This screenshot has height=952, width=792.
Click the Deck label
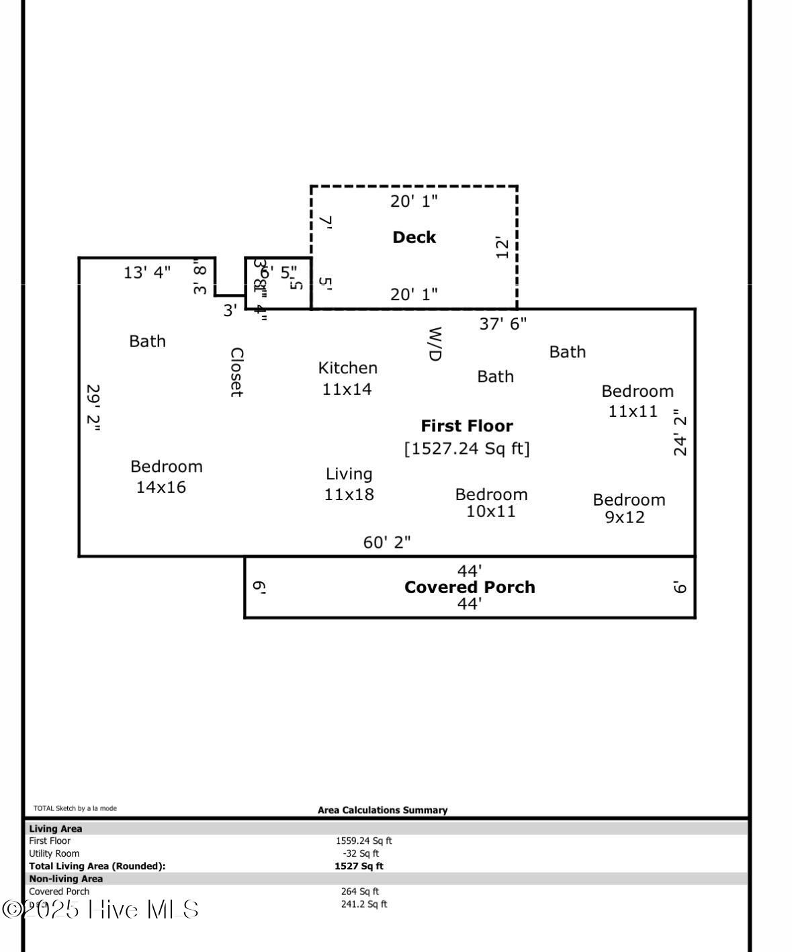pos(414,237)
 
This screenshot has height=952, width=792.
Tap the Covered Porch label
pos(470,587)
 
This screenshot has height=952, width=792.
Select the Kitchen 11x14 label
pos(347,378)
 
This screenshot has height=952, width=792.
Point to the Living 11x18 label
pos(349,484)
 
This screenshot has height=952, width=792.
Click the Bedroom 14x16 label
pos(165,477)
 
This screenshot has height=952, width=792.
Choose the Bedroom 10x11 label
pos(491,503)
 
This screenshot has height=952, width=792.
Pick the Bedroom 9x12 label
pos(628,508)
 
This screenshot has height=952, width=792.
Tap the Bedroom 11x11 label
pos(636,401)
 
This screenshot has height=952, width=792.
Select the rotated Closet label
pos(236,372)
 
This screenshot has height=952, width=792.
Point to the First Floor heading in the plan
pos(467,426)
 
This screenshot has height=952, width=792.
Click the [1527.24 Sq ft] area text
pos(467,448)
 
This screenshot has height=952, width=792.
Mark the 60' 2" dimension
pos(387,542)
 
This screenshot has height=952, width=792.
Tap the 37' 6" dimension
pos(502,324)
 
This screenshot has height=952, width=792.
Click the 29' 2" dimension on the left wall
pos(93,408)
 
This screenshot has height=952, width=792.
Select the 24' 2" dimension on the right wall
pos(680,432)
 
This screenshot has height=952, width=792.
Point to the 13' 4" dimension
pos(147,272)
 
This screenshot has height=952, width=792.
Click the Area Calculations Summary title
pos(382,810)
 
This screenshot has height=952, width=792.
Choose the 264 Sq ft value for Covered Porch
pos(359,892)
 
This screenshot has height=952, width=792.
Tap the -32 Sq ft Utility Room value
pos(361,853)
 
